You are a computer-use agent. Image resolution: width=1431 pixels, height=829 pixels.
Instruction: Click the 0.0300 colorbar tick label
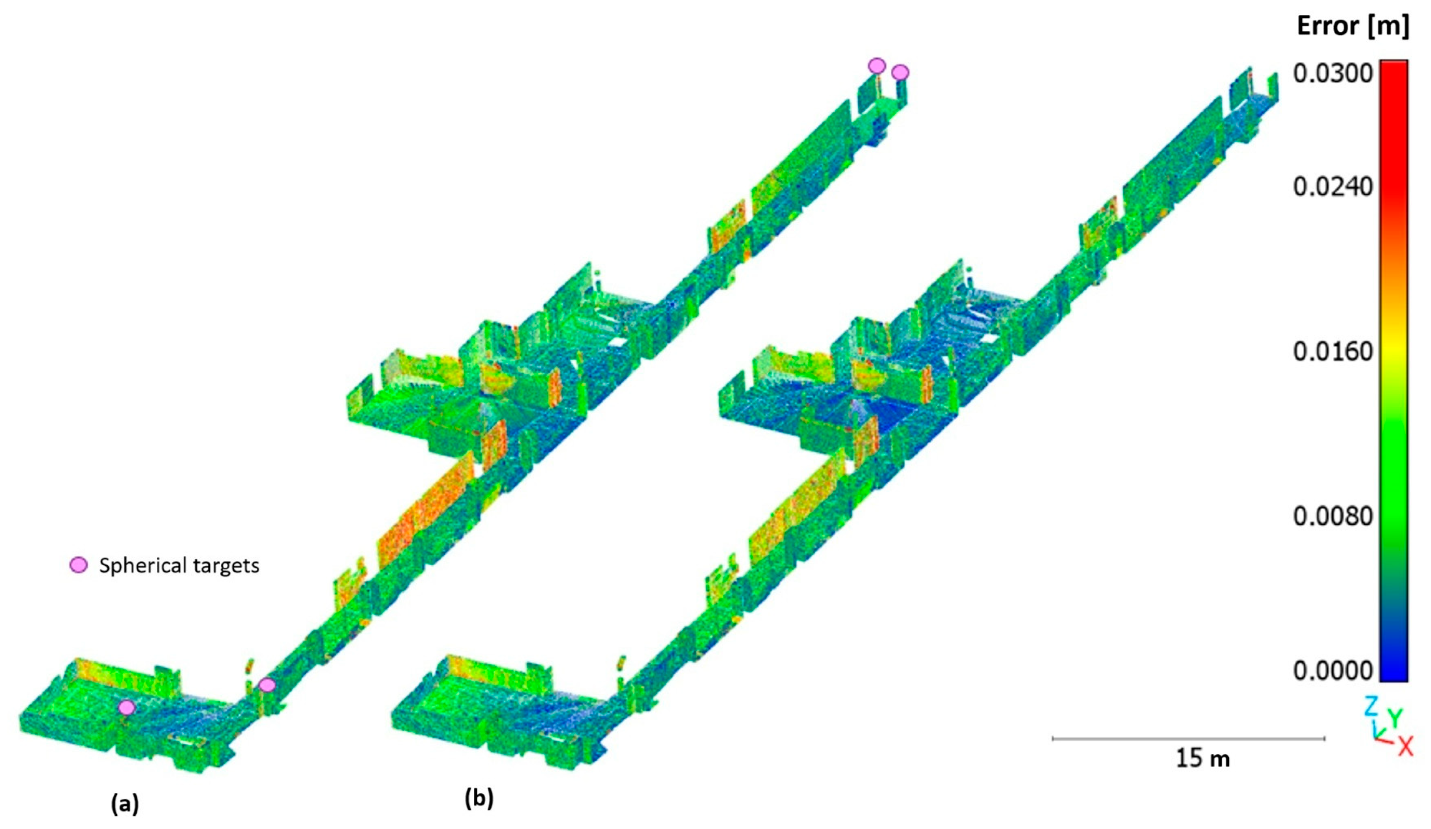tap(1333, 74)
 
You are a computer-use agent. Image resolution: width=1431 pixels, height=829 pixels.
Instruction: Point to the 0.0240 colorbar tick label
tap(1333, 187)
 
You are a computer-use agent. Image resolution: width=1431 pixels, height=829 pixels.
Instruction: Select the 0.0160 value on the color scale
tap(1333, 351)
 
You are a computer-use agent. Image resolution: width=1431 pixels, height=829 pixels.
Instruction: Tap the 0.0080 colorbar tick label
tap(1333, 516)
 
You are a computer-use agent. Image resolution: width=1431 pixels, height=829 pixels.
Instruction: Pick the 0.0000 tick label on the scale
tap(1333, 671)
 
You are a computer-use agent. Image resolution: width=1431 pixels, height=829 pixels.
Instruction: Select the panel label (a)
tap(125, 804)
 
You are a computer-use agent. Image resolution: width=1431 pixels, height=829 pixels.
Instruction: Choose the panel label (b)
tap(479, 798)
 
